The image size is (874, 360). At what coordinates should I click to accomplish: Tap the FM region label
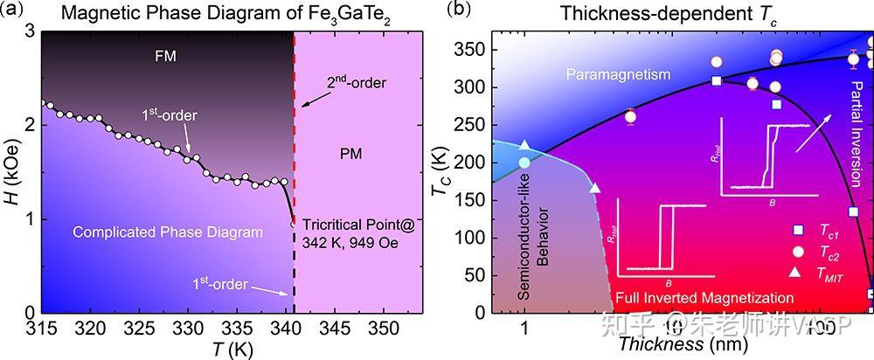click(x=165, y=55)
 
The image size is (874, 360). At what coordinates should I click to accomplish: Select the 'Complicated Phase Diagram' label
click(x=168, y=232)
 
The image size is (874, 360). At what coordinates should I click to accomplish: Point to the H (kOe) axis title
click(x=11, y=171)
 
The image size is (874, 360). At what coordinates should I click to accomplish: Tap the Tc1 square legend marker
click(x=799, y=230)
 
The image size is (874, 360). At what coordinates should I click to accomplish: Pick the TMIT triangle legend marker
click(x=799, y=273)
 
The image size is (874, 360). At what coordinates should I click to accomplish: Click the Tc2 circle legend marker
click(x=799, y=252)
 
